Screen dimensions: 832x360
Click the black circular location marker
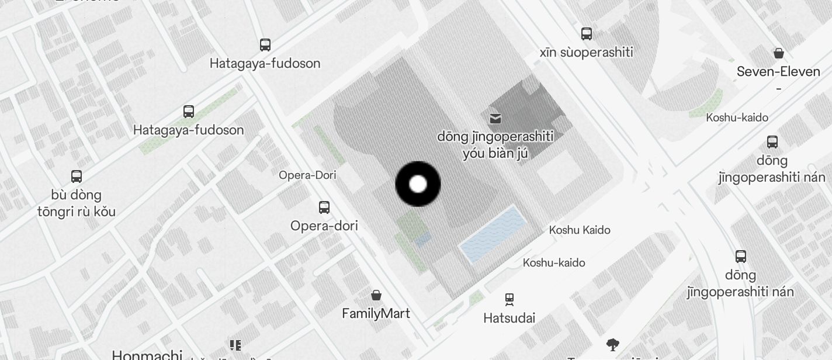[418, 184]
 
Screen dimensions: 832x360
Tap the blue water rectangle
[492, 234]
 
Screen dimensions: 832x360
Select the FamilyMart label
[376, 314]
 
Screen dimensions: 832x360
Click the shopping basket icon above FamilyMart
[376, 295]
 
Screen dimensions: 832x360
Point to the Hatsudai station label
[509, 319]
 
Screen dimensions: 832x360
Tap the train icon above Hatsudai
[509, 300]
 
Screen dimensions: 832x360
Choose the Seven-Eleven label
[778, 72]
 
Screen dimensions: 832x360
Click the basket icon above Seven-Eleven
[778, 53]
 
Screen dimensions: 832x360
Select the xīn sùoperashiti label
[586, 53]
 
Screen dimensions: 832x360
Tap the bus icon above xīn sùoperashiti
[587, 33]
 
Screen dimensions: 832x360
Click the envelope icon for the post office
[495, 119]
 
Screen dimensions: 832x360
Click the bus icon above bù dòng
[77, 176]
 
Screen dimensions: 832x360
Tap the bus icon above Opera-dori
[324, 207]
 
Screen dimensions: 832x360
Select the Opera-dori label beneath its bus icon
[324, 226]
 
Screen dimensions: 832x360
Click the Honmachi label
[147, 355]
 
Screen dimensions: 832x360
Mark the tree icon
[612, 344]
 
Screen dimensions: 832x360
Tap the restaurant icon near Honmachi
[235, 345]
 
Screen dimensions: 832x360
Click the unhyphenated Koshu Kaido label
[580, 230]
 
